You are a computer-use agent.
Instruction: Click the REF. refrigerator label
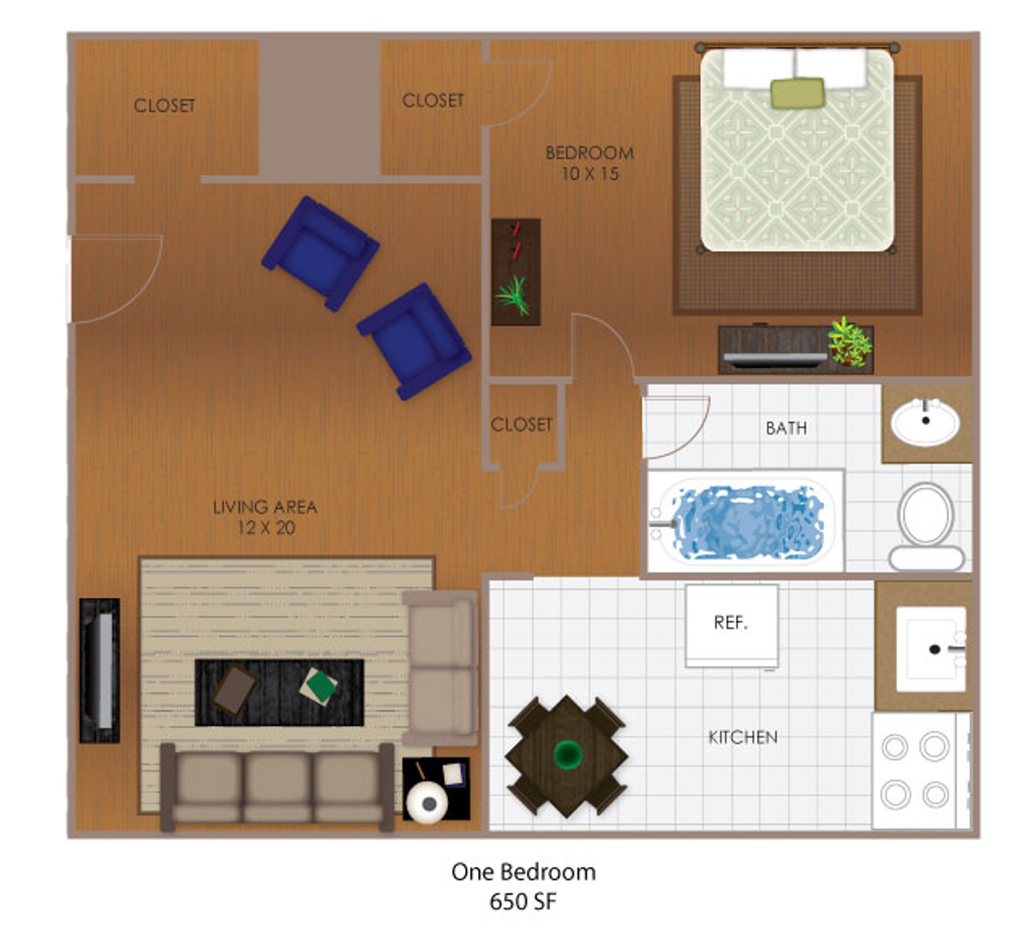tap(730, 623)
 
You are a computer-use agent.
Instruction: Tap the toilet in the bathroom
tap(926, 527)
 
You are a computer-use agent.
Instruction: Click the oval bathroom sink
tap(925, 422)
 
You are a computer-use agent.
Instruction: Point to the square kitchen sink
tap(931, 649)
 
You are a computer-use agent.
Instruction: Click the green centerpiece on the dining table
tap(567, 754)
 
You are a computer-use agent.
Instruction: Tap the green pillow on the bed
tap(797, 93)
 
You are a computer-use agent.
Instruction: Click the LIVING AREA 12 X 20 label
tap(265, 517)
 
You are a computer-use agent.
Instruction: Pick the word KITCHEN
tap(743, 738)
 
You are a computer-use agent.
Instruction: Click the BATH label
tap(786, 428)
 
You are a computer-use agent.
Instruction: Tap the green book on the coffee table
tap(319, 686)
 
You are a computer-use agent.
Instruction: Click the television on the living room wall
tap(100, 670)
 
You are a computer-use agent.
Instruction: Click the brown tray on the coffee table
tap(235, 689)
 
